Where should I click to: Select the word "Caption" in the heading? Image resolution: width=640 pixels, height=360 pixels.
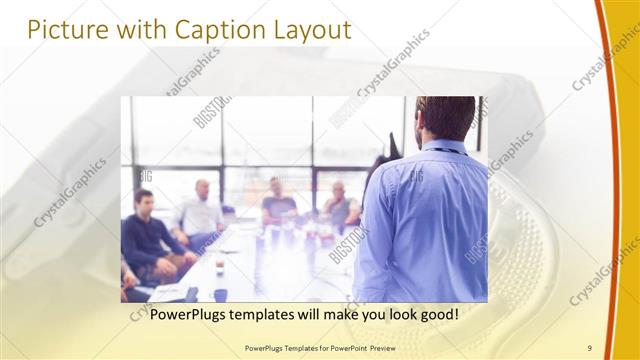216,30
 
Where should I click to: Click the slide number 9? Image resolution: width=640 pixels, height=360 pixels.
590,347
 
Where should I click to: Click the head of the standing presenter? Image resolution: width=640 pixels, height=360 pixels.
446,118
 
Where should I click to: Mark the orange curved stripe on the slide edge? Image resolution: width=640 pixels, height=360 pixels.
611,180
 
